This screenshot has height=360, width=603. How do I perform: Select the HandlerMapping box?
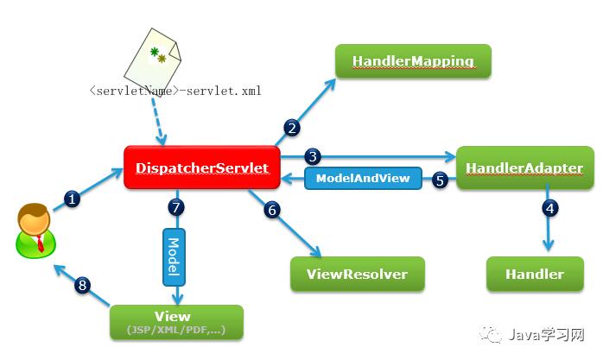pos(413,62)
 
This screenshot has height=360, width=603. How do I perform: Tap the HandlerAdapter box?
pos(524,167)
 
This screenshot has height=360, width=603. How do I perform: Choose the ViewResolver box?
pos(358,274)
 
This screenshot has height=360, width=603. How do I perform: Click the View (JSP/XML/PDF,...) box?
pos(176,322)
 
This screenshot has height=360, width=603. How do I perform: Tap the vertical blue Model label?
pos(174,256)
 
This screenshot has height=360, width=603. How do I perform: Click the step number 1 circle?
pos(73,199)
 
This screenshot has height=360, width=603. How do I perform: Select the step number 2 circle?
pos(292,129)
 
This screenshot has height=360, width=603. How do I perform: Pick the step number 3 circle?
pos(314,156)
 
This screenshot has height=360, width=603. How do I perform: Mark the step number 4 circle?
pos(549,207)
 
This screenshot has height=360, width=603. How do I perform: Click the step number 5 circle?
pos(439,180)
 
